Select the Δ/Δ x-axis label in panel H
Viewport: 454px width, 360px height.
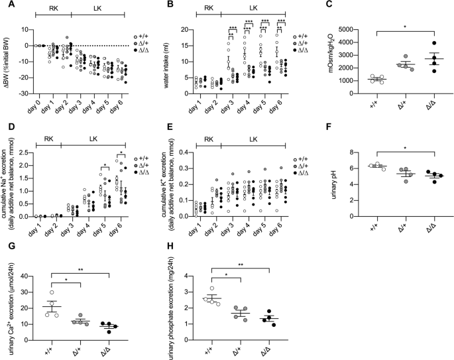268,343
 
